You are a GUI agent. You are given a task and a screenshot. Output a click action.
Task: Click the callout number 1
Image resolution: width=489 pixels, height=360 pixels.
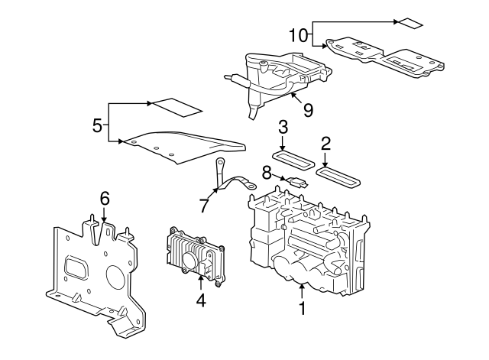[x=303, y=309]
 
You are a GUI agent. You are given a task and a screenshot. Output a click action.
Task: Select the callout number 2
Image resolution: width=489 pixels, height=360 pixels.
[x=326, y=143]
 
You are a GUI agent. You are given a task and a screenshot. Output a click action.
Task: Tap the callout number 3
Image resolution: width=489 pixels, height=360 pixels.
[x=283, y=127]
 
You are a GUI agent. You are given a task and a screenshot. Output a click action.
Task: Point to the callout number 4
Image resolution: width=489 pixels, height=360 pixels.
[x=201, y=301]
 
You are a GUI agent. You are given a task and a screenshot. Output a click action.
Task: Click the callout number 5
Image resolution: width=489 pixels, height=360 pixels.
[x=98, y=125]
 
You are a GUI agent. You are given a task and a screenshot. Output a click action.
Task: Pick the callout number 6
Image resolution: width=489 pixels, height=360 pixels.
[x=105, y=199]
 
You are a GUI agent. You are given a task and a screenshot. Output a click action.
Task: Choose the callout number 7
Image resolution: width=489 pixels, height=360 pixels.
[x=204, y=206]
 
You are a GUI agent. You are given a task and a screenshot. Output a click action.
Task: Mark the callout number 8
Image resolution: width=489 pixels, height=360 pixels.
[x=267, y=173]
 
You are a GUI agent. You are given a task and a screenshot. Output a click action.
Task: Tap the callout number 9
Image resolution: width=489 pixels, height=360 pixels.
[x=308, y=110]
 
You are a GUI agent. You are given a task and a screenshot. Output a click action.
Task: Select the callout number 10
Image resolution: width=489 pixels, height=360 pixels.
[x=298, y=34]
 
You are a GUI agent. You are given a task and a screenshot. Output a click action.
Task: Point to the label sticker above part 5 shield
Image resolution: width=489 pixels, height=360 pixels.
[x=175, y=105]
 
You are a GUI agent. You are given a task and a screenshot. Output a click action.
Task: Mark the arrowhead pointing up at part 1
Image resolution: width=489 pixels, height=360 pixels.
[x=303, y=287]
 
